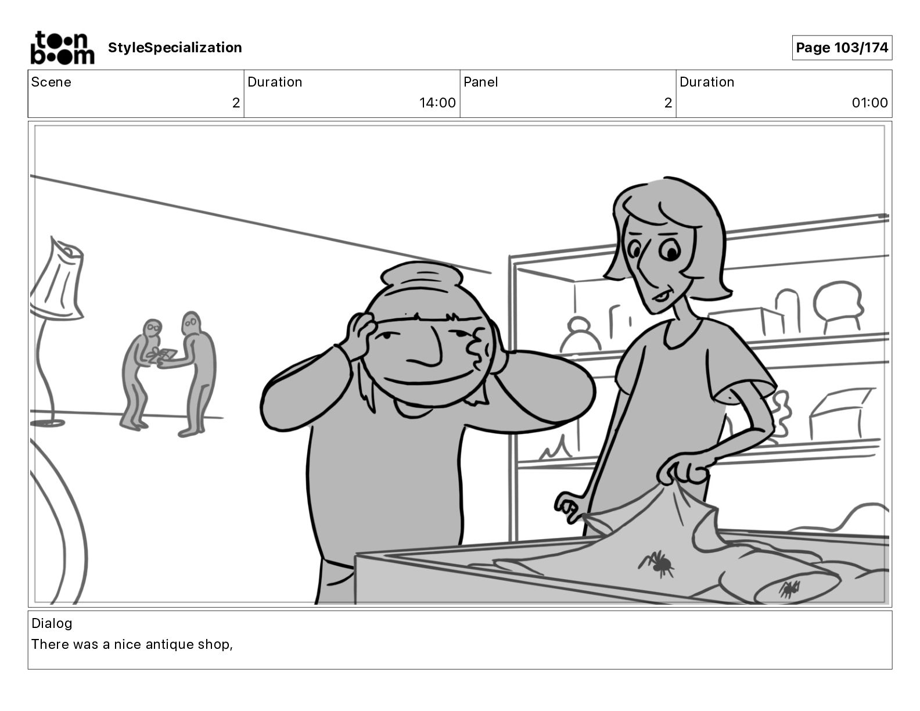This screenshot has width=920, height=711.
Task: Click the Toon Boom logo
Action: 62,48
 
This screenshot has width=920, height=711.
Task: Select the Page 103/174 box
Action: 842,48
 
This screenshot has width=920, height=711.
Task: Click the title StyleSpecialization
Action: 175,48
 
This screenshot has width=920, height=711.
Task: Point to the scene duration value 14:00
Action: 437,102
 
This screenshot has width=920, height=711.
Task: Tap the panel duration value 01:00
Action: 869,102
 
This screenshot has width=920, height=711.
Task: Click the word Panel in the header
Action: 480,82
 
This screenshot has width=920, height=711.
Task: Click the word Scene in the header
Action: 51,82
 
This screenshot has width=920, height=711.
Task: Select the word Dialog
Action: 52,623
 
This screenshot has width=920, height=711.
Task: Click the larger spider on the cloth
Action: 657,563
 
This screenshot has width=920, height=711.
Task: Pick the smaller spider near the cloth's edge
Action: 789,588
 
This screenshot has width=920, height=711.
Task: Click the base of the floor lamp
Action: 48,423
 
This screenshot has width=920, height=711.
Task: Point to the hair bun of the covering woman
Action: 422,275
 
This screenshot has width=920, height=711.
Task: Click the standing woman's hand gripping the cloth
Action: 682,469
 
